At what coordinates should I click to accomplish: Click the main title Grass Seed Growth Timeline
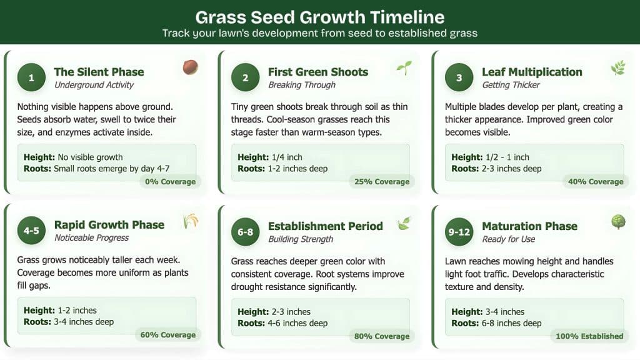click(319, 17)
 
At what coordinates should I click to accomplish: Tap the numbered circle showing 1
click(31, 77)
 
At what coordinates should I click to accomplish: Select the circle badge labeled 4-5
click(31, 231)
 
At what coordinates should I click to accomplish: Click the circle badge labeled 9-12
click(459, 232)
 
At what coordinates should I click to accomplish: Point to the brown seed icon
click(190, 67)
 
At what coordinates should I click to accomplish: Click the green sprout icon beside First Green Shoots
click(404, 68)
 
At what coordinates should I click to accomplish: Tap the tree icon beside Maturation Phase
click(617, 222)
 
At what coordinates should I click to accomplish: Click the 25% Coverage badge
click(382, 182)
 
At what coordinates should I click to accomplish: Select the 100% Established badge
click(590, 336)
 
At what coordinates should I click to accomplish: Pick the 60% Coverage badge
click(168, 335)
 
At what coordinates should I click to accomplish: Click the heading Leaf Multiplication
click(532, 72)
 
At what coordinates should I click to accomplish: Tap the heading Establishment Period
click(325, 226)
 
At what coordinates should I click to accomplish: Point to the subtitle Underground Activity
click(94, 85)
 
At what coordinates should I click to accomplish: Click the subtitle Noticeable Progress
click(91, 238)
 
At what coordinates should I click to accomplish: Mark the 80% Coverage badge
click(382, 336)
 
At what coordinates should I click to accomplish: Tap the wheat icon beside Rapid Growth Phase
click(190, 221)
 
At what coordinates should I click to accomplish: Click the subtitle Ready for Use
click(508, 239)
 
